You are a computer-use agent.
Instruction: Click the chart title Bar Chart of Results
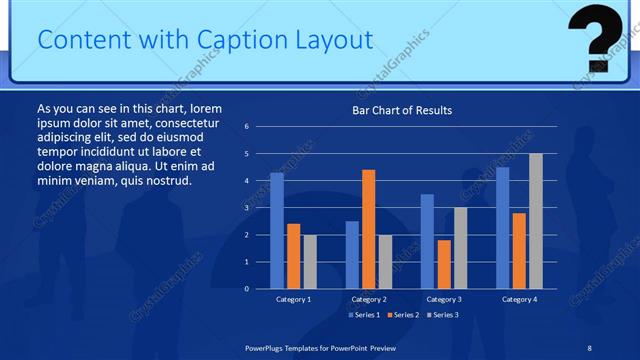(402, 110)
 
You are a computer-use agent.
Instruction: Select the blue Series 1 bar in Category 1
(277, 230)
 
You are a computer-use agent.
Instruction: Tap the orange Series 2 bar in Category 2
(369, 229)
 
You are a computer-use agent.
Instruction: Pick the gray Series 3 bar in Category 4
(536, 221)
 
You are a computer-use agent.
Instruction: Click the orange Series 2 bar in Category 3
(444, 264)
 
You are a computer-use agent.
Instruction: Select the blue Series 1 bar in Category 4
(502, 227)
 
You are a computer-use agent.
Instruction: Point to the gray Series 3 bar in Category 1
(311, 261)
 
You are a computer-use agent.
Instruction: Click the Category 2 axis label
(369, 299)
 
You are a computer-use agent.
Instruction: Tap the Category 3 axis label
(444, 299)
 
